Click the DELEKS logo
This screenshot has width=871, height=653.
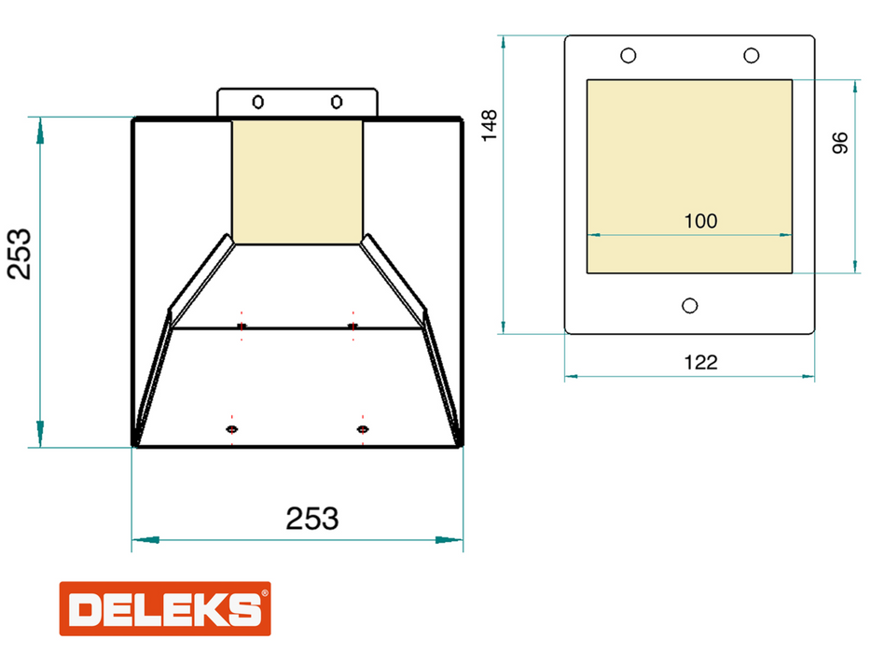click(165, 608)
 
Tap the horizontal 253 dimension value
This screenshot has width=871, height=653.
click(312, 519)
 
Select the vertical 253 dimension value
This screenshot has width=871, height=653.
click(20, 254)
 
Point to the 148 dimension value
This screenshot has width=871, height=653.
click(490, 126)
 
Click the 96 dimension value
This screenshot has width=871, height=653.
click(840, 143)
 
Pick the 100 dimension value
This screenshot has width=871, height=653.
click(700, 221)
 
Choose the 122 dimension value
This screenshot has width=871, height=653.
click(701, 363)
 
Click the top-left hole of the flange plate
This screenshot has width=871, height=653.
click(629, 56)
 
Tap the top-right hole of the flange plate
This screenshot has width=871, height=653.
click(752, 56)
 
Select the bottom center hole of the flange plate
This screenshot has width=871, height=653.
click(690, 306)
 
